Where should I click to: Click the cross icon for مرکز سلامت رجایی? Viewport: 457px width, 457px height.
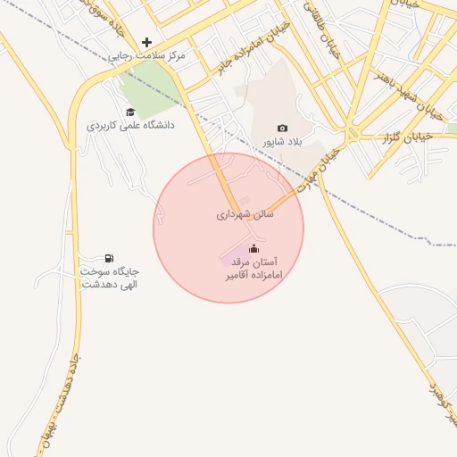(147, 42)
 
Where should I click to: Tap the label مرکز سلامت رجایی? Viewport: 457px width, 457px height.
(147, 56)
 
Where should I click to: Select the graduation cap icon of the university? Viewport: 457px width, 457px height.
(130, 112)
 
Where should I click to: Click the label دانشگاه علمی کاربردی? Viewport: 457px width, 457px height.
(130, 126)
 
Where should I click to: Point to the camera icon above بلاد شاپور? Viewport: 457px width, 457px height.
(283, 129)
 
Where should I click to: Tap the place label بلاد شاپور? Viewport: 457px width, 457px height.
(283, 142)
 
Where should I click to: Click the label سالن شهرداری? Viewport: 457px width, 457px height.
(245, 215)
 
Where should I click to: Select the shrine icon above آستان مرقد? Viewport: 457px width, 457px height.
(253, 248)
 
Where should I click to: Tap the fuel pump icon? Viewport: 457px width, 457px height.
(110, 258)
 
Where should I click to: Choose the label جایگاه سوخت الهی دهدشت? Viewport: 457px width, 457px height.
(110, 277)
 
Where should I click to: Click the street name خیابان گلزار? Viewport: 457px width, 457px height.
(407, 137)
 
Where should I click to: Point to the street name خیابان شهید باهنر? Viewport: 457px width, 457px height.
(420, 97)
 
